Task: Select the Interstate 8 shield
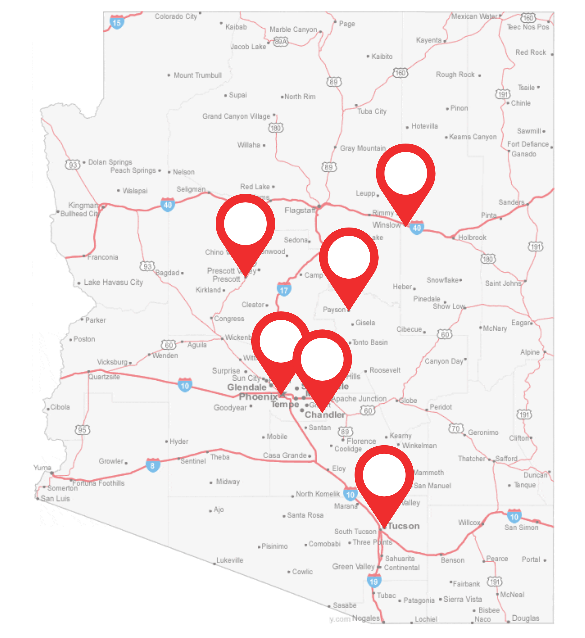[x=153, y=465]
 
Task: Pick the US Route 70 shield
[x=456, y=429]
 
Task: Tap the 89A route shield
[x=281, y=41]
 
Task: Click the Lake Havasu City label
[x=113, y=282]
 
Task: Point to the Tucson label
[x=404, y=526]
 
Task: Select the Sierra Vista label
[x=462, y=599]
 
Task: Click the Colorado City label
[x=176, y=16]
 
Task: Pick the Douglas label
[x=525, y=618]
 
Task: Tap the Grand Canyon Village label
[x=236, y=116]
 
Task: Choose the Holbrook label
[x=472, y=237]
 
